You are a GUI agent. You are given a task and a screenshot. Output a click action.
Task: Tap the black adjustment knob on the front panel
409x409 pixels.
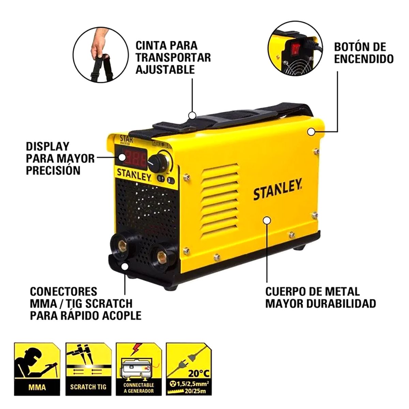(157, 162)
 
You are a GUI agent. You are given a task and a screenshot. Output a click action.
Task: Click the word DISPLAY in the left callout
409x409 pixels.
(47, 147)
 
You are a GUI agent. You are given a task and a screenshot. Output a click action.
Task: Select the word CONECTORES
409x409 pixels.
(64, 292)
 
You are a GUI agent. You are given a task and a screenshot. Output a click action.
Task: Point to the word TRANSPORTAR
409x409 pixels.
(173, 57)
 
